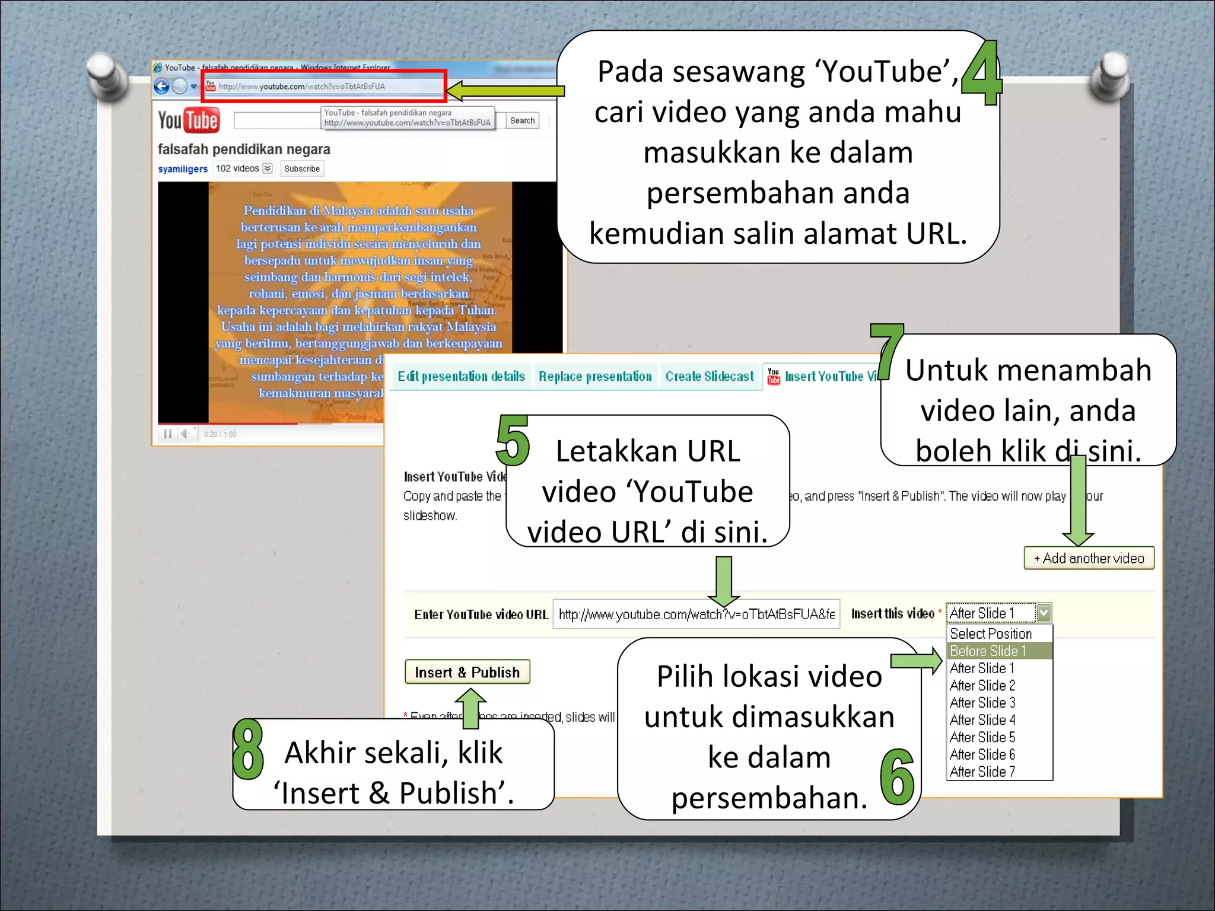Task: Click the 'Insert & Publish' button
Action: [x=467, y=672]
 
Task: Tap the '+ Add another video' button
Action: [x=1089, y=558]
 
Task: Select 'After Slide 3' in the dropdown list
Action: [x=982, y=703]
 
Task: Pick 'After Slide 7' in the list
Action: [x=982, y=772]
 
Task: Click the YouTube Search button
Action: [x=522, y=120]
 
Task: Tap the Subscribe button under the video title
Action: [x=301, y=169]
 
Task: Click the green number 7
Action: [x=886, y=350]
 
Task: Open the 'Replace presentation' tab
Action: [x=595, y=377]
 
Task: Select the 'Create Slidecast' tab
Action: [x=709, y=377]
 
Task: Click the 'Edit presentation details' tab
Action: [x=461, y=377]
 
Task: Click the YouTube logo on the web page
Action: [x=189, y=120]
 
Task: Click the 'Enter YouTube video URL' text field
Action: [x=696, y=614]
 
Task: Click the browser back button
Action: [x=161, y=87]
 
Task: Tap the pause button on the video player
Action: [x=168, y=434]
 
